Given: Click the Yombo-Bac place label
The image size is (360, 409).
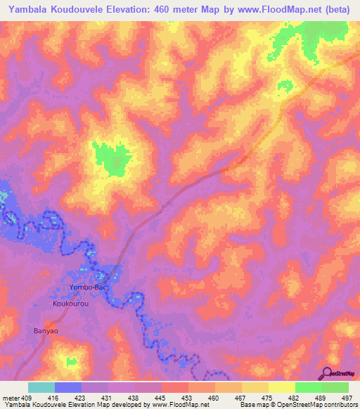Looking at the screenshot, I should pos(72,288).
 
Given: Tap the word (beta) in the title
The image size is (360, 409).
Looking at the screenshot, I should pos(335,9).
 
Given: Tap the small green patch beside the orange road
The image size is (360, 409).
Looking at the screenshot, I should pos(285,86).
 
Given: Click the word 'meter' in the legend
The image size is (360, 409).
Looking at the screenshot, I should pos(11,397).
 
